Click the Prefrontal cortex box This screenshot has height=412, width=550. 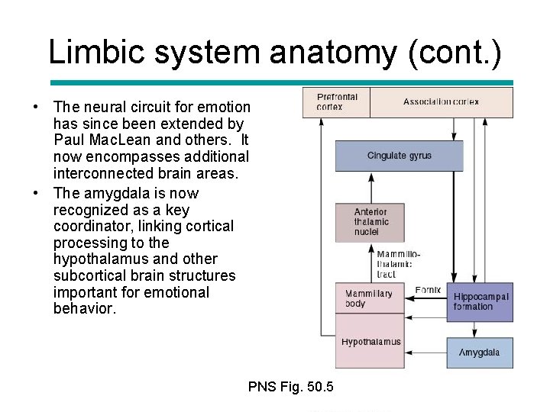[x=337, y=102]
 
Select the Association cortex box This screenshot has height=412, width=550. [x=441, y=102]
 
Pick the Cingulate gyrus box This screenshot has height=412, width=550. [x=399, y=156]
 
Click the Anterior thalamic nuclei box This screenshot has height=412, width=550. [x=370, y=222]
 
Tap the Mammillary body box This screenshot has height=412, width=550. [x=369, y=298]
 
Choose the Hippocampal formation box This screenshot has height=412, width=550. [x=480, y=301]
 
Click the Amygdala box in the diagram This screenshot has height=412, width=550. [x=480, y=352]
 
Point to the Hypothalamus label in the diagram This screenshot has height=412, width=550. [x=370, y=342]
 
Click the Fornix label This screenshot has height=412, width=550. [x=428, y=290]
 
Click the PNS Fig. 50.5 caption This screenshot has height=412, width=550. [x=291, y=387]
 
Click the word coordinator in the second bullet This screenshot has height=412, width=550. [x=92, y=227]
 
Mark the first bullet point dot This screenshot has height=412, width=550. [x=36, y=107]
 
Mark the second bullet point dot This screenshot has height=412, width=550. [x=36, y=193]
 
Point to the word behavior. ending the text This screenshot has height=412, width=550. [x=85, y=309]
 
